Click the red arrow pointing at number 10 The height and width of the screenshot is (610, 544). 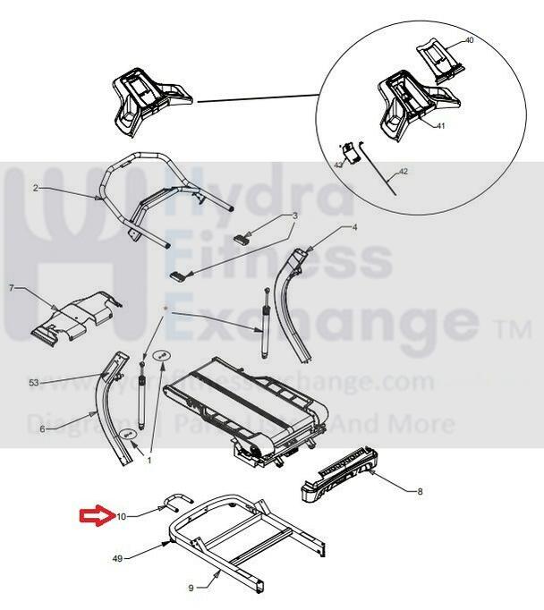pos(94,515)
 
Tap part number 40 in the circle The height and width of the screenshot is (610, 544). pos(469,41)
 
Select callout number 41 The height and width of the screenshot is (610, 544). pos(440,126)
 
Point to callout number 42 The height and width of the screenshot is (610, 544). pos(403,171)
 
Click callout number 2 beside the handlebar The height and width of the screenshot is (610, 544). pos(35,188)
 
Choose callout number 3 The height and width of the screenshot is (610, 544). pos(293,216)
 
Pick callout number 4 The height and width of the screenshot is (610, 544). pos(354,227)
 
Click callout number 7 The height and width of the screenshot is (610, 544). pos(12,288)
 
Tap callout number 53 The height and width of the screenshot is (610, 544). pos(34,383)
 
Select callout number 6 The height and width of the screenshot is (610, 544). pos(41,429)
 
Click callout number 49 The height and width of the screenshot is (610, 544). pos(117,558)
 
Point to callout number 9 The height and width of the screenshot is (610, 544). pos(191,588)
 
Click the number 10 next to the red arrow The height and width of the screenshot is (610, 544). pos(122,516)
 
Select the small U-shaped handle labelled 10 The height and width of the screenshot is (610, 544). pos(175,497)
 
